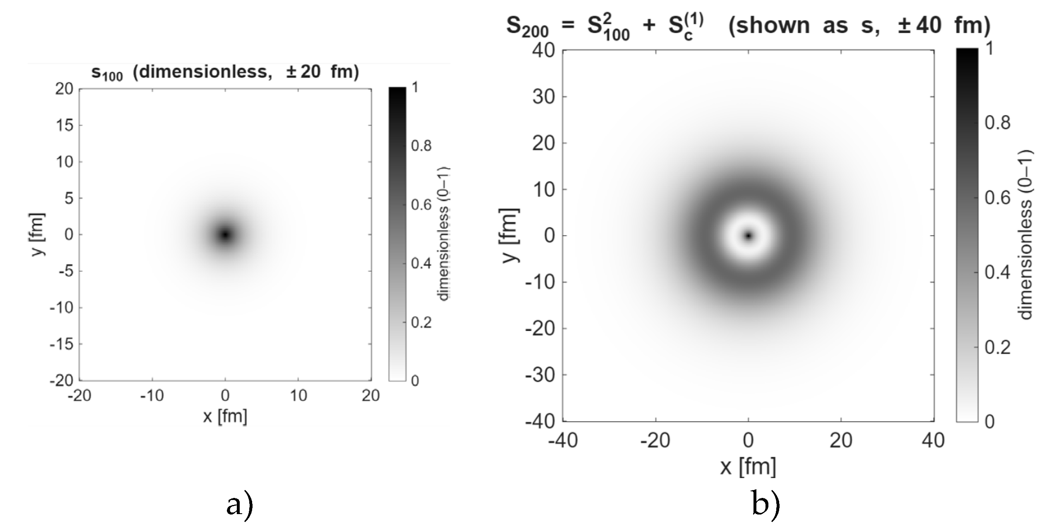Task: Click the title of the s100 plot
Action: click(x=225, y=72)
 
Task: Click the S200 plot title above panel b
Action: click(x=748, y=26)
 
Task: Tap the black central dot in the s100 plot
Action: click(x=225, y=235)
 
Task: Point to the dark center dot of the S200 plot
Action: click(x=748, y=236)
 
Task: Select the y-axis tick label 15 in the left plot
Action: click(x=64, y=125)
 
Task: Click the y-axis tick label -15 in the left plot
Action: click(x=62, y=344)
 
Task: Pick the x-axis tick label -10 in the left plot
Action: click(x=152, y=396)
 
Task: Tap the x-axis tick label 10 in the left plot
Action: click(x=298, y=396)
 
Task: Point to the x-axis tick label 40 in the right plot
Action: click(x=934, y=441)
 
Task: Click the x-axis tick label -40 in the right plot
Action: click(x=563, y=441)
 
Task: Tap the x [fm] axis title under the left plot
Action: click(x=225, y=416)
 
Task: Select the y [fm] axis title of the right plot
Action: click(x=511, y=236)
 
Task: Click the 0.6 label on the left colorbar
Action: click(x=421, y=205)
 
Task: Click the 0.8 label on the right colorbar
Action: click(x=998, y=123)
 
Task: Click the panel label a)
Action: click(x=240, y=506)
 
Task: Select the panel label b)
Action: click(x=766, y=506)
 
